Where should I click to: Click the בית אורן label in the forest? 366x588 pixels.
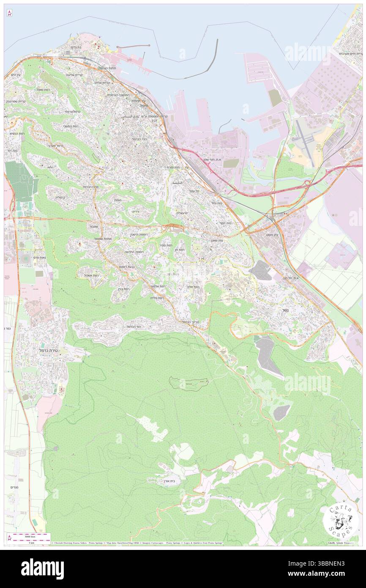click(x=167, y=481)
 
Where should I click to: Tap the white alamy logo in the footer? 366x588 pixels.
click(x=42, y=569)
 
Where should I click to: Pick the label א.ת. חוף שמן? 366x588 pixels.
click(x=212, y=159)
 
